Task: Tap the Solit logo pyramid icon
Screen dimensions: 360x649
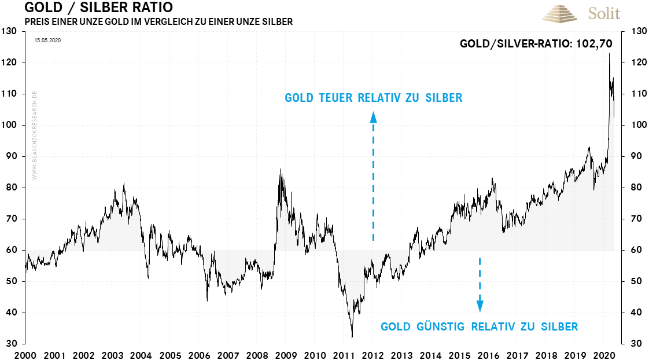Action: tap(560, 13)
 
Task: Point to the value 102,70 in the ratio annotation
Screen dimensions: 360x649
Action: tap(594, 43)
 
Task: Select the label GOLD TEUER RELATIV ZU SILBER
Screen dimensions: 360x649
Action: tap(373, 98)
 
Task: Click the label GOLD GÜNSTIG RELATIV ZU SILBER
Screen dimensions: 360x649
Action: tap(479, 326)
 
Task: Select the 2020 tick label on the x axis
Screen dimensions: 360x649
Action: tap(604, 354)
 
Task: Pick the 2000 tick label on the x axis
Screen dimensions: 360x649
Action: tap(25, 354)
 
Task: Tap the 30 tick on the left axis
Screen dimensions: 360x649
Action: tap(11, 344)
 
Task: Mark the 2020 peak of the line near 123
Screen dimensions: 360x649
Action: tap(609, 54)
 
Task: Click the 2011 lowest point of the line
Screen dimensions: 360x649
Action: tap(352, 337)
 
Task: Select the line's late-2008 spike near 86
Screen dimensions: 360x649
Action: tap(280, 170)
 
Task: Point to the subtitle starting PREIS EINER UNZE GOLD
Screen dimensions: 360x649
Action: tap(158, 22)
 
